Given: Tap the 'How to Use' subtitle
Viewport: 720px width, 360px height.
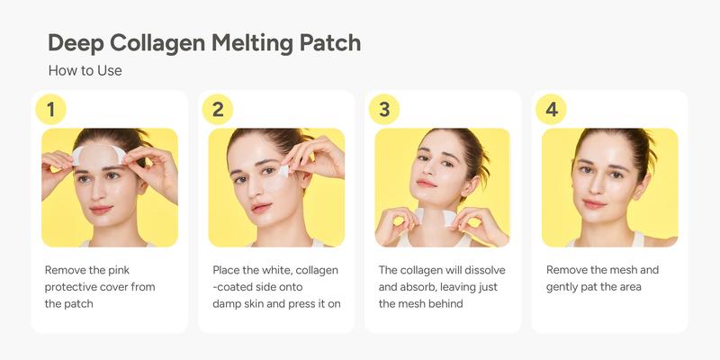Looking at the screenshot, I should pos(85,70).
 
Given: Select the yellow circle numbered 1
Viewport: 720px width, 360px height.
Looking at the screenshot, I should pos(50,110).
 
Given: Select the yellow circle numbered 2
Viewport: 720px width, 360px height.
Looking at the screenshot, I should pos(218,110).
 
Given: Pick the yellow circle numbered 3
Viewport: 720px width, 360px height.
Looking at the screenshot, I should pos(384,110).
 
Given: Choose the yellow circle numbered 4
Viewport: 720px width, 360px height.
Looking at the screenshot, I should pos(551,110).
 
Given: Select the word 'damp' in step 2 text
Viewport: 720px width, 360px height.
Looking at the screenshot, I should pos(229,303).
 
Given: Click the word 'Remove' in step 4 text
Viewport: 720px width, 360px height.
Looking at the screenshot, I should pos(569,269).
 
